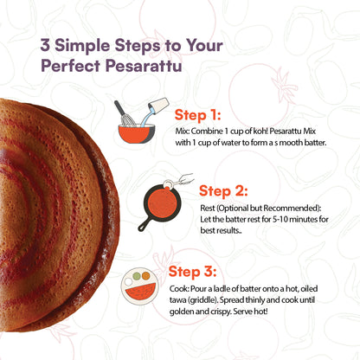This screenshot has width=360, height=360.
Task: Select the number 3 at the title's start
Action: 42,44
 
